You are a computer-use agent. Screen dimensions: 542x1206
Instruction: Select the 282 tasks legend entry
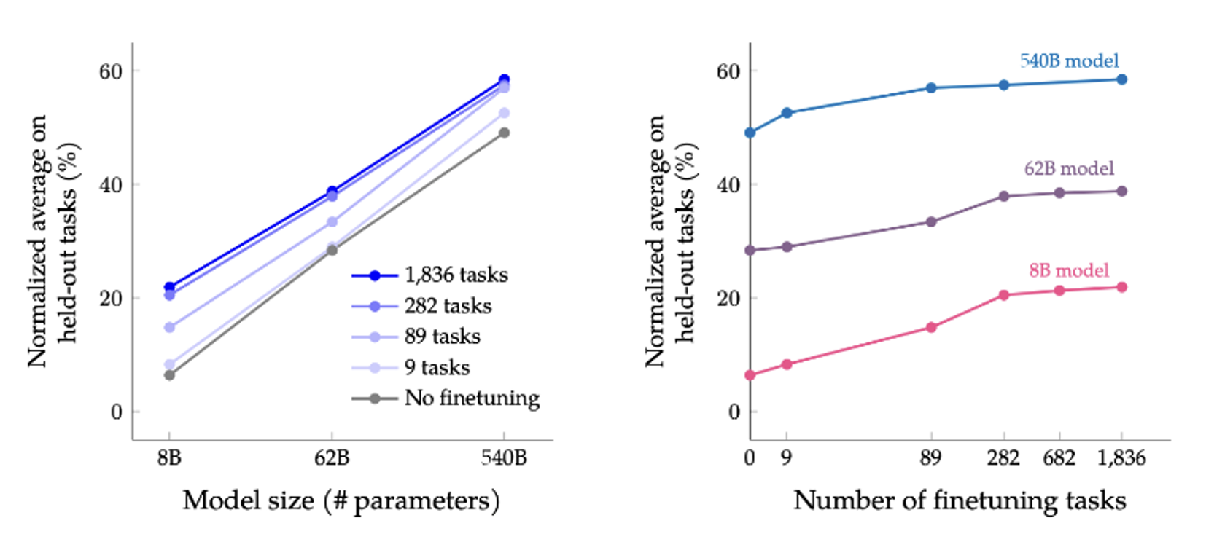coord(447,306)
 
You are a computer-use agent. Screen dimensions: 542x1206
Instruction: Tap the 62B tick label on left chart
coord(332,458)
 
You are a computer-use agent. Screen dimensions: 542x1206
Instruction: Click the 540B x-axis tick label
coord(503,458)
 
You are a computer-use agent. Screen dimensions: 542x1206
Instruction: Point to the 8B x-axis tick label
coord(169,458)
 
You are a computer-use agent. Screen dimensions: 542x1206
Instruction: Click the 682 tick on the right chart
coord(1059,458)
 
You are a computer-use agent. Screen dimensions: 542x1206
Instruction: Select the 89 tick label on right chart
coord(930,458)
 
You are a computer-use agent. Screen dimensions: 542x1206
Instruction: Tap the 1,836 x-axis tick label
coord(1121,458)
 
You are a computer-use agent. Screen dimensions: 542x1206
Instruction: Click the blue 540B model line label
coord(1069,61)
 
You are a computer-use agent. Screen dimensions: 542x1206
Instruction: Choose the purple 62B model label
coord(1069,169)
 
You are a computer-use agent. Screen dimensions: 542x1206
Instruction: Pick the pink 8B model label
coord(1069,271)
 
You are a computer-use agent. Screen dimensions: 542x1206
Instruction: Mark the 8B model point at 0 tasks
coord(750,375)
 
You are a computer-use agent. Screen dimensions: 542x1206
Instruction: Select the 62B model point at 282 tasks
coord(1004,196)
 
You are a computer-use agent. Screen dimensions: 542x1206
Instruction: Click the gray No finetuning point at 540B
coord(504,133)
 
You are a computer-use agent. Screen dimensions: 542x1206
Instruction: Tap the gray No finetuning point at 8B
coord(169,375)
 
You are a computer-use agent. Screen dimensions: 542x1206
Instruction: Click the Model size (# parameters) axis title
coord(341,501)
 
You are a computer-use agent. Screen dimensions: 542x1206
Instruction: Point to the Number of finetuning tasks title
coord(960,501)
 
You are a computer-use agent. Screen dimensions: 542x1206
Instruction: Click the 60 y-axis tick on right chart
coord(728,71)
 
